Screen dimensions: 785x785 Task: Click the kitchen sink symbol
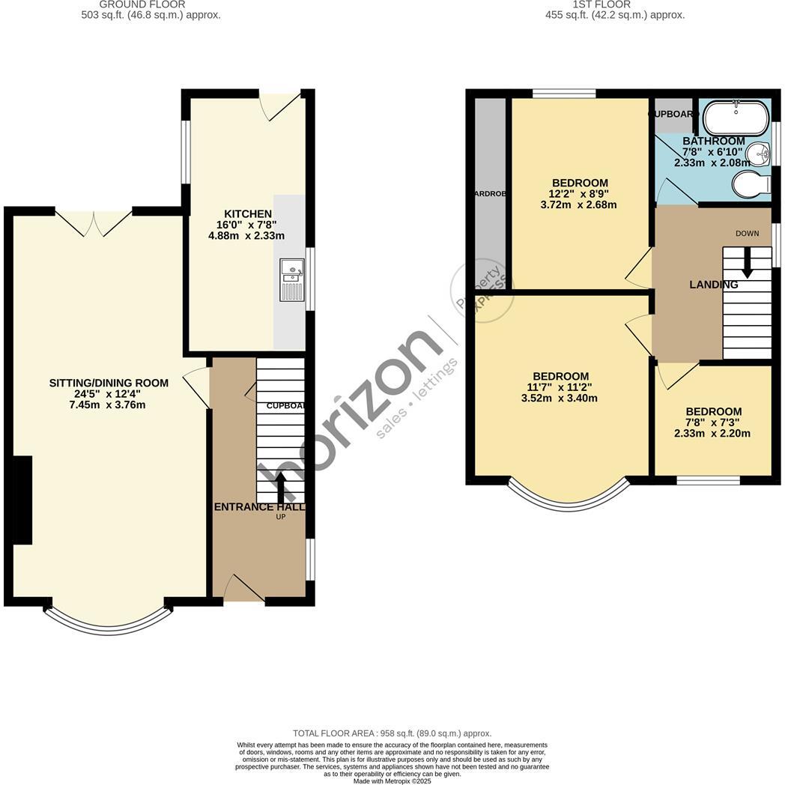click(292, 280)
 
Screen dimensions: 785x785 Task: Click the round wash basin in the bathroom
click(758, 155)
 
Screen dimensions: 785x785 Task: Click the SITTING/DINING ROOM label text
click(109, 383)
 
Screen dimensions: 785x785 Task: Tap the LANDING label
click(714, 285)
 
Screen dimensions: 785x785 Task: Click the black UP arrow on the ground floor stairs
click(282, 487)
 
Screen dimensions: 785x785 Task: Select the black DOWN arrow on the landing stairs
click(747, 263)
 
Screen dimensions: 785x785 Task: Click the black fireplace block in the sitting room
click(22, 500)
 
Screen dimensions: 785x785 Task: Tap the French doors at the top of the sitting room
click(94, 222)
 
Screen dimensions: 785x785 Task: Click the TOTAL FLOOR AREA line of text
click(392, 733)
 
